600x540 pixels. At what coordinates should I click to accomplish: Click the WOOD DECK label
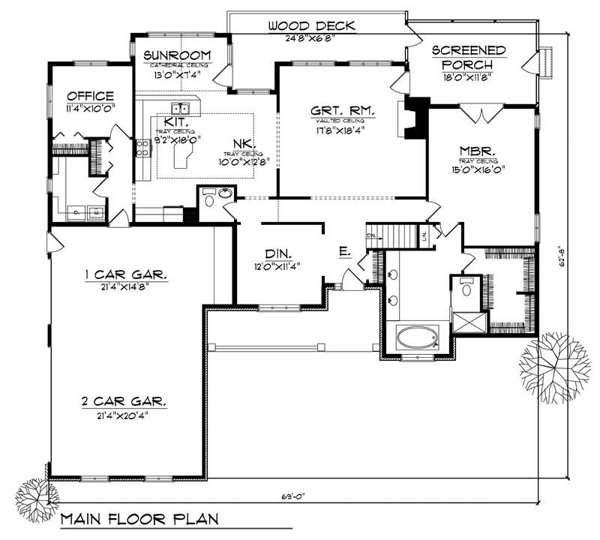(x=311, y=27)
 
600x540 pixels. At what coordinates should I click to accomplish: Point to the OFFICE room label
(x=90, y=96)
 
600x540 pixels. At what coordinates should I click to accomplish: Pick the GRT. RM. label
(x=337, y=111)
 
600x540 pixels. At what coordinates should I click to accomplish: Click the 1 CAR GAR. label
(x=125, y=274)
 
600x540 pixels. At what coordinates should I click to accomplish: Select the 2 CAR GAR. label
(x=125, y=401)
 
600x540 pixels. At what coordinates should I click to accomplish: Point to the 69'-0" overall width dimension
(x=295, y=496)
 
